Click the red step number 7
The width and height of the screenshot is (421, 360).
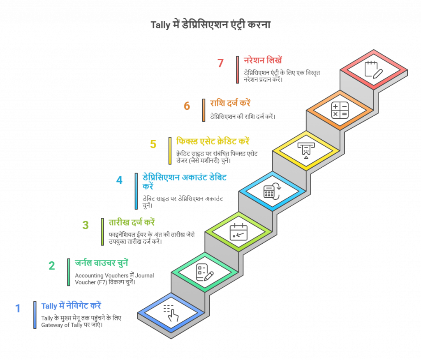pos(220,63)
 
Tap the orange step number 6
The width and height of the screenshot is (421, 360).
pos(187,106)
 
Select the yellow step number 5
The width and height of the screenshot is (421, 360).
pos(153,144)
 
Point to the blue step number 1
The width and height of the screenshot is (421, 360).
pos(18,309)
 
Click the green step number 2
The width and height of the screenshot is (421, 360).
pos(52,266)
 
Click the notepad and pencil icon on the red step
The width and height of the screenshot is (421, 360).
pos(373,69)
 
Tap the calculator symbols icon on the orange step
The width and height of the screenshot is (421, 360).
pos(340,110)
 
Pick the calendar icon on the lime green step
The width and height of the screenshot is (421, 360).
pos(238,232)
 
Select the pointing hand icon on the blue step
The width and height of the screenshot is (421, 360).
pos(171,313)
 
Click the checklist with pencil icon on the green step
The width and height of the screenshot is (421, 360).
pos(205,272)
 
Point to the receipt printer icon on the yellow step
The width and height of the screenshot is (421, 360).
pos(306,150)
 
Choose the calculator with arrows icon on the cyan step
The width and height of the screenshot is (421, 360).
pos(272,191)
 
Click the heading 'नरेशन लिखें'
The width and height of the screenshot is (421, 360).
pos(263,60)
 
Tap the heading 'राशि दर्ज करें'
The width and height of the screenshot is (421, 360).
pos(230,103)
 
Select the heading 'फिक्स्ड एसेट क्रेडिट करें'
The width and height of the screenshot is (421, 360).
pos(213,141)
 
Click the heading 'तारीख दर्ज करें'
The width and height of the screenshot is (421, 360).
pos(132,222)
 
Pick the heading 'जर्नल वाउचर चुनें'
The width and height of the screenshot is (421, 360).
pos(102,263)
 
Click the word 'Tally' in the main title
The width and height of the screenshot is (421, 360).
pos(161,25)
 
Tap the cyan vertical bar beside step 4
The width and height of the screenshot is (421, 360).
pos(136,191)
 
